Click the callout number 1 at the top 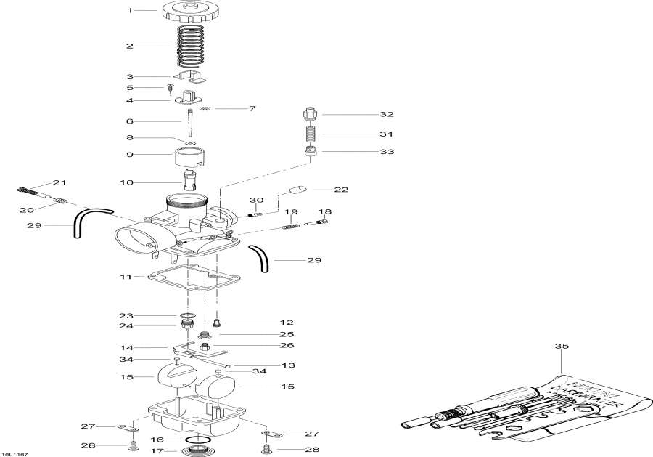coord(131,11)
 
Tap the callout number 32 coord(386,115)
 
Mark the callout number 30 coord(255,201)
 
